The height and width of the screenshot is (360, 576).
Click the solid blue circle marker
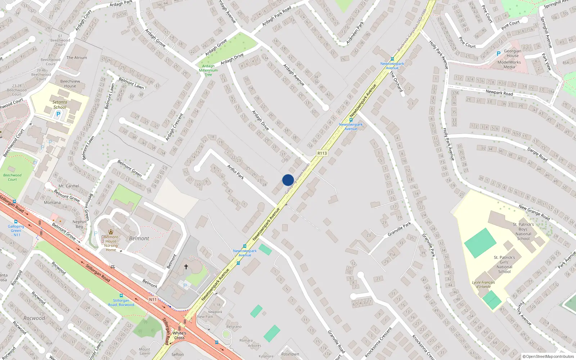[288, 180]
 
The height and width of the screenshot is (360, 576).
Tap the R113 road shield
[322, 153]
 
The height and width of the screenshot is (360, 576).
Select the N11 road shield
[153, 300]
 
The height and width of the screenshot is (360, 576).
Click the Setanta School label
[60, 104]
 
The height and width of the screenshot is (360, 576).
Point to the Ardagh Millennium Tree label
[208, 70]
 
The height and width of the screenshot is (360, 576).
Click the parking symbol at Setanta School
[58, 114]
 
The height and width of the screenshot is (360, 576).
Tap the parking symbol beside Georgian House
[499, 54]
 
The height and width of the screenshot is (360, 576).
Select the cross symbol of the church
[186, 267]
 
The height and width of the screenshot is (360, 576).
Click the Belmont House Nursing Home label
[111, 243]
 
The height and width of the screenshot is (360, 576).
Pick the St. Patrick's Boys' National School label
[523, 231]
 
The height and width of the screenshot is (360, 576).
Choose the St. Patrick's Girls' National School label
[504, 264]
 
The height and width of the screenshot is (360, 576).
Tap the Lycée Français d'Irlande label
[483, 284]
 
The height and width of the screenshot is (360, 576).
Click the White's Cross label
[179, 335]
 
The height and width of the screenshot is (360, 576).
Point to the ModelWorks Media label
[509, 64]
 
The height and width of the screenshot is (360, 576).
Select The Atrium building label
[77, 58]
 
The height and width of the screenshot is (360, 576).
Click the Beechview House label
[70, 84]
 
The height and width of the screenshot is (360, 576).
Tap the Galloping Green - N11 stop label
[16, 230]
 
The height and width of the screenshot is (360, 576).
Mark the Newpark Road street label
[499, 93]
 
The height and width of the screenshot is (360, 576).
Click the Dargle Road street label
[537, 154]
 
